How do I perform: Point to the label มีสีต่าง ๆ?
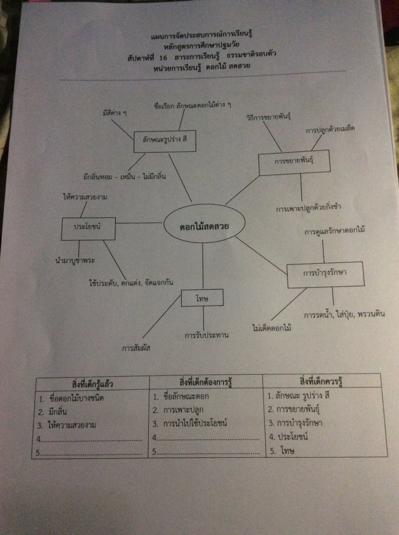114,113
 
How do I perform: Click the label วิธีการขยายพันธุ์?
269,117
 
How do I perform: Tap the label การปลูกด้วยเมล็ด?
330,130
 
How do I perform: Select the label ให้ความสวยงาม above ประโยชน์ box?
85,196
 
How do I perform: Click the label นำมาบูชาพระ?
75,261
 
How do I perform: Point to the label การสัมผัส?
136,348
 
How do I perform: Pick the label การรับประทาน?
207,335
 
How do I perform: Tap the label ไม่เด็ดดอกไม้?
272,328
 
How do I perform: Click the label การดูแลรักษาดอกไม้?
335,230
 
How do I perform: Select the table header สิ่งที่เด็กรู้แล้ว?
92,384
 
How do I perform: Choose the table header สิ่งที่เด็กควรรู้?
321,381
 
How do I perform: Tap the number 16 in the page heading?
163,57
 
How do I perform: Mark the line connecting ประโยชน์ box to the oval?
139,223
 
